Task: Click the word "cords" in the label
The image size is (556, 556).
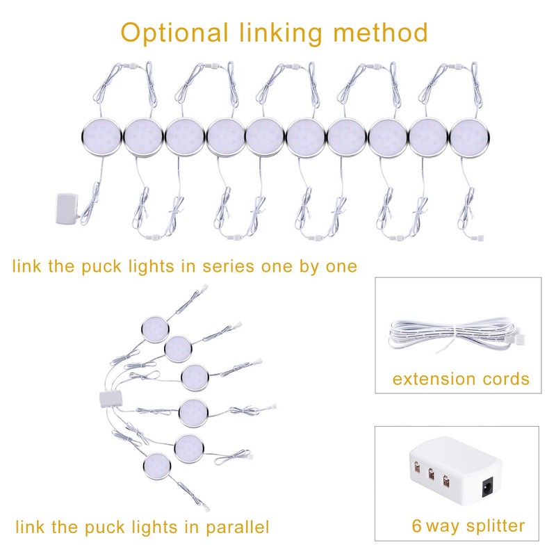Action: point(505,379)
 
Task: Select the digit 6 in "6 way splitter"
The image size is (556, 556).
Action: point(417,525)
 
